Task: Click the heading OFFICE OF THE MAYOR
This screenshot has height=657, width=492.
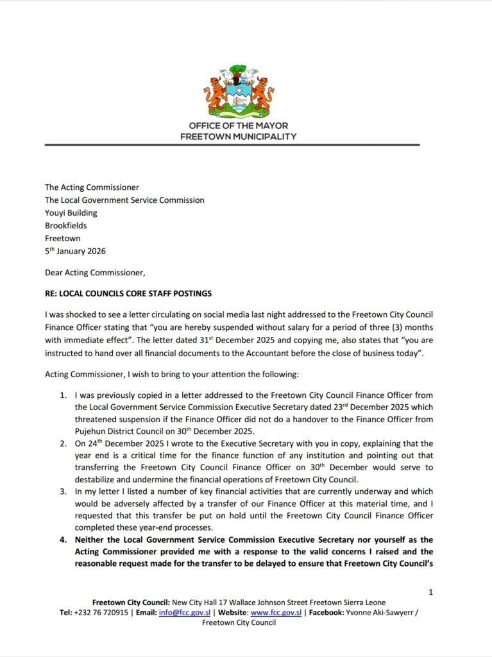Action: click(239, 126)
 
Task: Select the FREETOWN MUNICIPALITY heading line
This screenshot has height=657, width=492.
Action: click(239, 137)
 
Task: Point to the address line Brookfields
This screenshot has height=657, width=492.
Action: click(66, 226)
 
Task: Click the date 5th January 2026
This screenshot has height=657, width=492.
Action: click(76, 251)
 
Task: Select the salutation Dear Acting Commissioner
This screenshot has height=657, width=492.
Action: click(95, 273)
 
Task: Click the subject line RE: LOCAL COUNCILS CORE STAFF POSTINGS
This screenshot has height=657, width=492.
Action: click(128, 294)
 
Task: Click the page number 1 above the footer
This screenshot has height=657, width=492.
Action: click(431, 592)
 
